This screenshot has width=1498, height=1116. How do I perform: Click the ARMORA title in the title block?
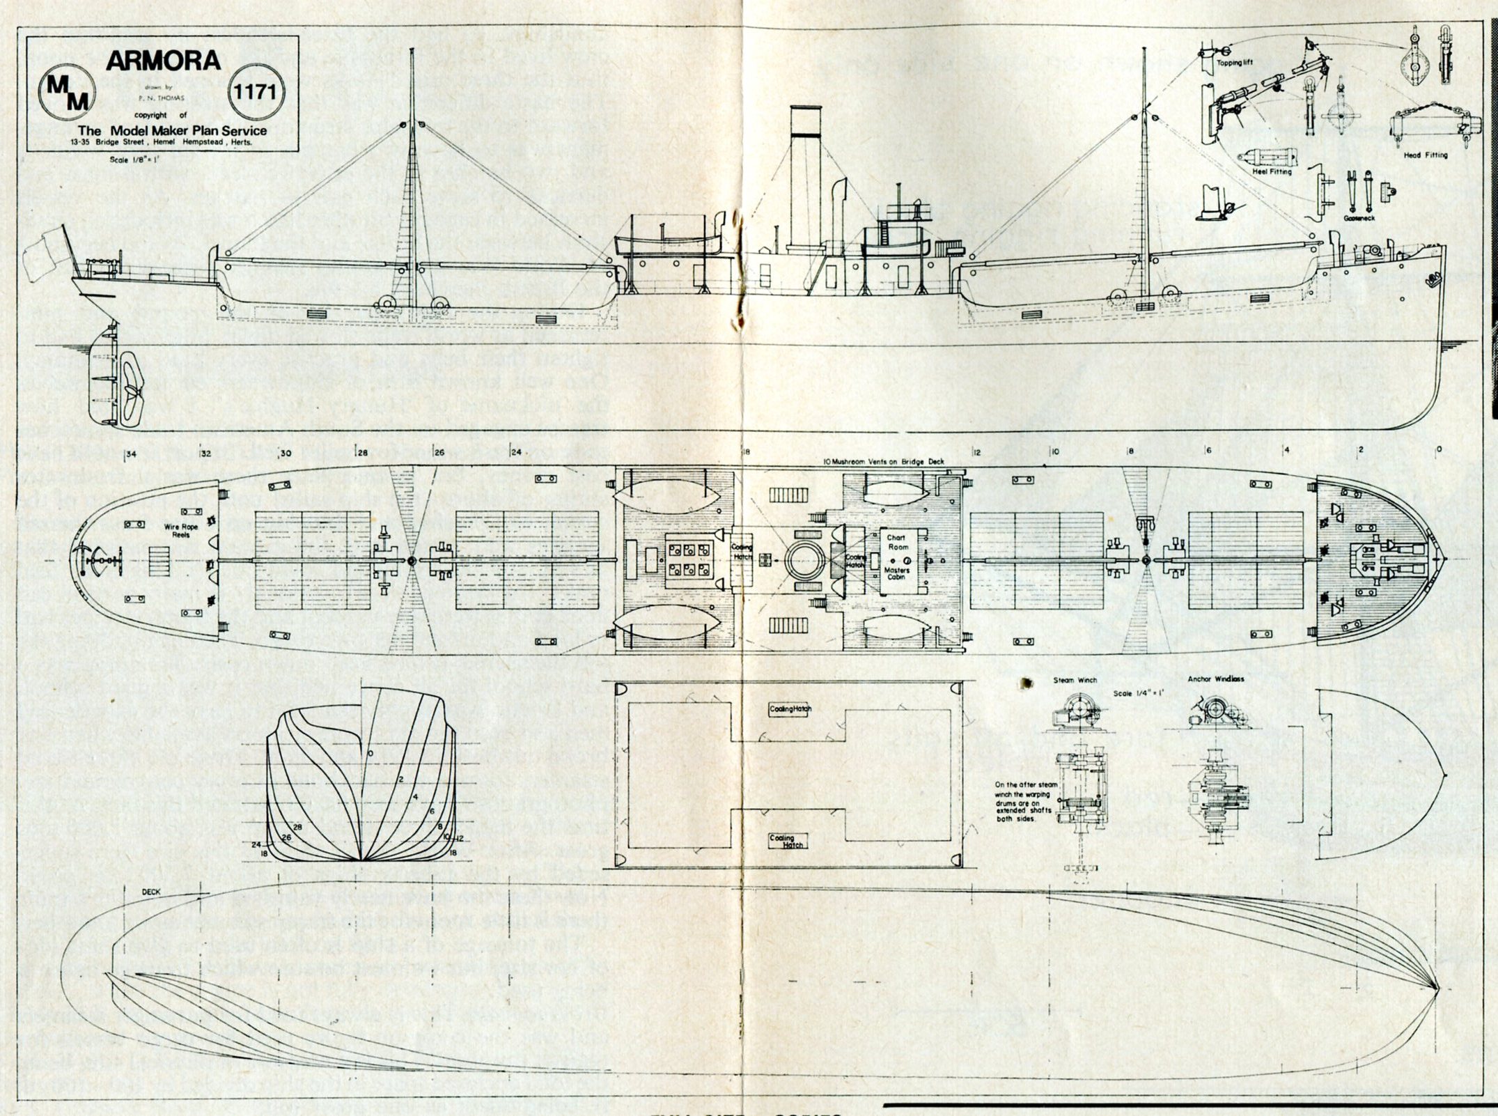[x=163, y=61]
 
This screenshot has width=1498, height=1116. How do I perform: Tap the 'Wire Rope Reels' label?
[x=182, y=532]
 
